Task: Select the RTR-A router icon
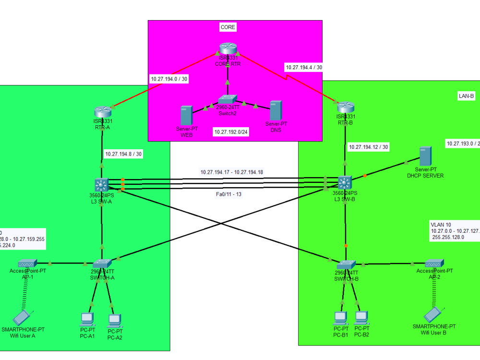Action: click(x=102, y=111)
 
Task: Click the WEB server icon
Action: click(x=186, y=116)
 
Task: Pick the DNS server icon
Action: click(x=275, y=110)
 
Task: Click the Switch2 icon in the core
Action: click(x=228, y=99)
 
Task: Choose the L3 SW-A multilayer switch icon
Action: click(x=102, y=184)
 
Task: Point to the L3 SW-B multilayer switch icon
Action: click(x=345, y=182)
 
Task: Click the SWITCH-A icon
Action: click(x=102, y=264)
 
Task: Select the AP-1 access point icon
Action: click(x=24, y=263)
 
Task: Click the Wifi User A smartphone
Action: click(x=22, y=317)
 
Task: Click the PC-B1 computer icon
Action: click(x=340, y=317)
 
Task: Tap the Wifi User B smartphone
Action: click(x=433, y=314)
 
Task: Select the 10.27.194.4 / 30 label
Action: click(x=304, y=68)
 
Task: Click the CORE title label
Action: click(x=228, y=27)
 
